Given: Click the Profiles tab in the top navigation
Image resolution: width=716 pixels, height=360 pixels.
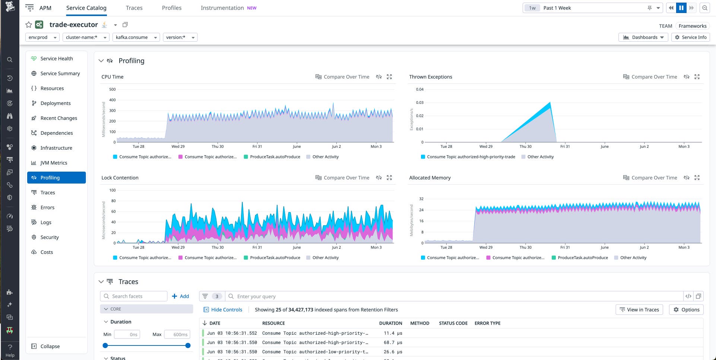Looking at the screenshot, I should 171,8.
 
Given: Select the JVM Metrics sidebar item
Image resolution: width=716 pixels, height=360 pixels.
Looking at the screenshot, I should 54,163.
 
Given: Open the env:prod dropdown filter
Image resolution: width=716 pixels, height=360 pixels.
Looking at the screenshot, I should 42,37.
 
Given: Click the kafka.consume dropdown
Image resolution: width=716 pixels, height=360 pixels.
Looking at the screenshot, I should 136,37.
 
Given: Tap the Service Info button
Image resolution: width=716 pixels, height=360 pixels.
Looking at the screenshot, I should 690,37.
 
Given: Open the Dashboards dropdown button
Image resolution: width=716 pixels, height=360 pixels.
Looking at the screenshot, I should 643,37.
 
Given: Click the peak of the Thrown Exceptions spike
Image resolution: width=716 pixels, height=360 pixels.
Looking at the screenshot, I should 550,103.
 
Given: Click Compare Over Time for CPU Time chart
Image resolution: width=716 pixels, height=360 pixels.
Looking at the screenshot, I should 342,77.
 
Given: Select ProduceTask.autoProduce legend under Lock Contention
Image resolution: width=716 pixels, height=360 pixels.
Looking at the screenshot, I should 275,258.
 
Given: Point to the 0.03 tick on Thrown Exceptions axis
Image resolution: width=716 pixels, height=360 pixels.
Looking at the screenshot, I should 419,102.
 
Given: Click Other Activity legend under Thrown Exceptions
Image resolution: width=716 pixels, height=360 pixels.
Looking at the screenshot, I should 540,157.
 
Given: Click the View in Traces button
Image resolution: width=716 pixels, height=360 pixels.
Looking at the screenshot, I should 639,310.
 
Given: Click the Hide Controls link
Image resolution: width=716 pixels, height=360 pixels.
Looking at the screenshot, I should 226,310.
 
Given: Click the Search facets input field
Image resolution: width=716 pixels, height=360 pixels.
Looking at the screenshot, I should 134,296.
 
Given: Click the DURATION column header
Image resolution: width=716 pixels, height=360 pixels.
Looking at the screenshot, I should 390,323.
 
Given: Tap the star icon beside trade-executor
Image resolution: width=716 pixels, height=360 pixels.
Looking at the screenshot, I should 29,25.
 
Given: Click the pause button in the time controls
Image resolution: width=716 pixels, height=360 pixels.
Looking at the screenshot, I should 681,8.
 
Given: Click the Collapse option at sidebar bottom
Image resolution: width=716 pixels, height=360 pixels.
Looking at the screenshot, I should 50,346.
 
